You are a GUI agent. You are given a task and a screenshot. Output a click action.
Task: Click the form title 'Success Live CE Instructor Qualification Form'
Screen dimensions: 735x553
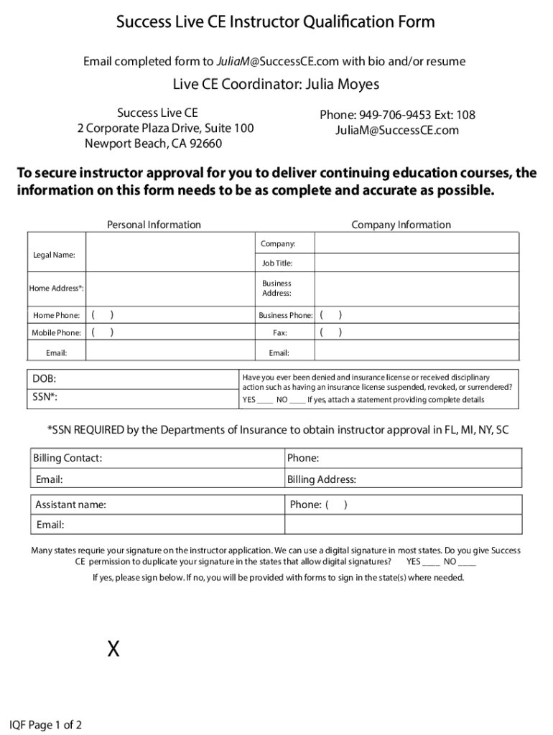(x=276, y=22)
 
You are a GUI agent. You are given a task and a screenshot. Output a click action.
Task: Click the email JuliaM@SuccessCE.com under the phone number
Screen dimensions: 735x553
(x=396, y=130)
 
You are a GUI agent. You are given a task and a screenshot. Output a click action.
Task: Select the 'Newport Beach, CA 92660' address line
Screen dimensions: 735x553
(x=154, y=143)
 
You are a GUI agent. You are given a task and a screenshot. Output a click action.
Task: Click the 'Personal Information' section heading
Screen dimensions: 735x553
(x=154, y=225)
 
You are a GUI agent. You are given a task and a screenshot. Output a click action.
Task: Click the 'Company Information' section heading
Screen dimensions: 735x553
(x=401, y=225)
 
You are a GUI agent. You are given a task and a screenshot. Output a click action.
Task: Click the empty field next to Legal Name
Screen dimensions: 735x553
(x=171, y=255)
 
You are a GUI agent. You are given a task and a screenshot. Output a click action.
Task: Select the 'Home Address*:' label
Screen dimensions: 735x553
(x=56, y=288)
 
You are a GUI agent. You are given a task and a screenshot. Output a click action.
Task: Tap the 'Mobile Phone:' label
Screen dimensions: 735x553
(x=56, y=332)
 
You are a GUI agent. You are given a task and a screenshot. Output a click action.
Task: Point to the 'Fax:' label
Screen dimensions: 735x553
(x=280, y=332)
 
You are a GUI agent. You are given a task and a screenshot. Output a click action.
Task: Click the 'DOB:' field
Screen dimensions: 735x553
(x=133, y=378)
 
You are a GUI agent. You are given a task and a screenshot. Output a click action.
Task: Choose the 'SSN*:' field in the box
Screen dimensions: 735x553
(x=133, y=397)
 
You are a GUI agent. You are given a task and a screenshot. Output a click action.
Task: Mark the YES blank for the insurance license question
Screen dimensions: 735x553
(x=265, y=400)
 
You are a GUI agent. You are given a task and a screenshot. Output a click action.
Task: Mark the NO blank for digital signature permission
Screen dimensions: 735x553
(x=467, y=562)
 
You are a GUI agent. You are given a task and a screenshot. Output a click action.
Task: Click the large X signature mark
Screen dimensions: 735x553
(x=113, y=650)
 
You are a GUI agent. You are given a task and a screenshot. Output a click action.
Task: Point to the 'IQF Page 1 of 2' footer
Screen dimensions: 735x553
(x=45, y=725)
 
